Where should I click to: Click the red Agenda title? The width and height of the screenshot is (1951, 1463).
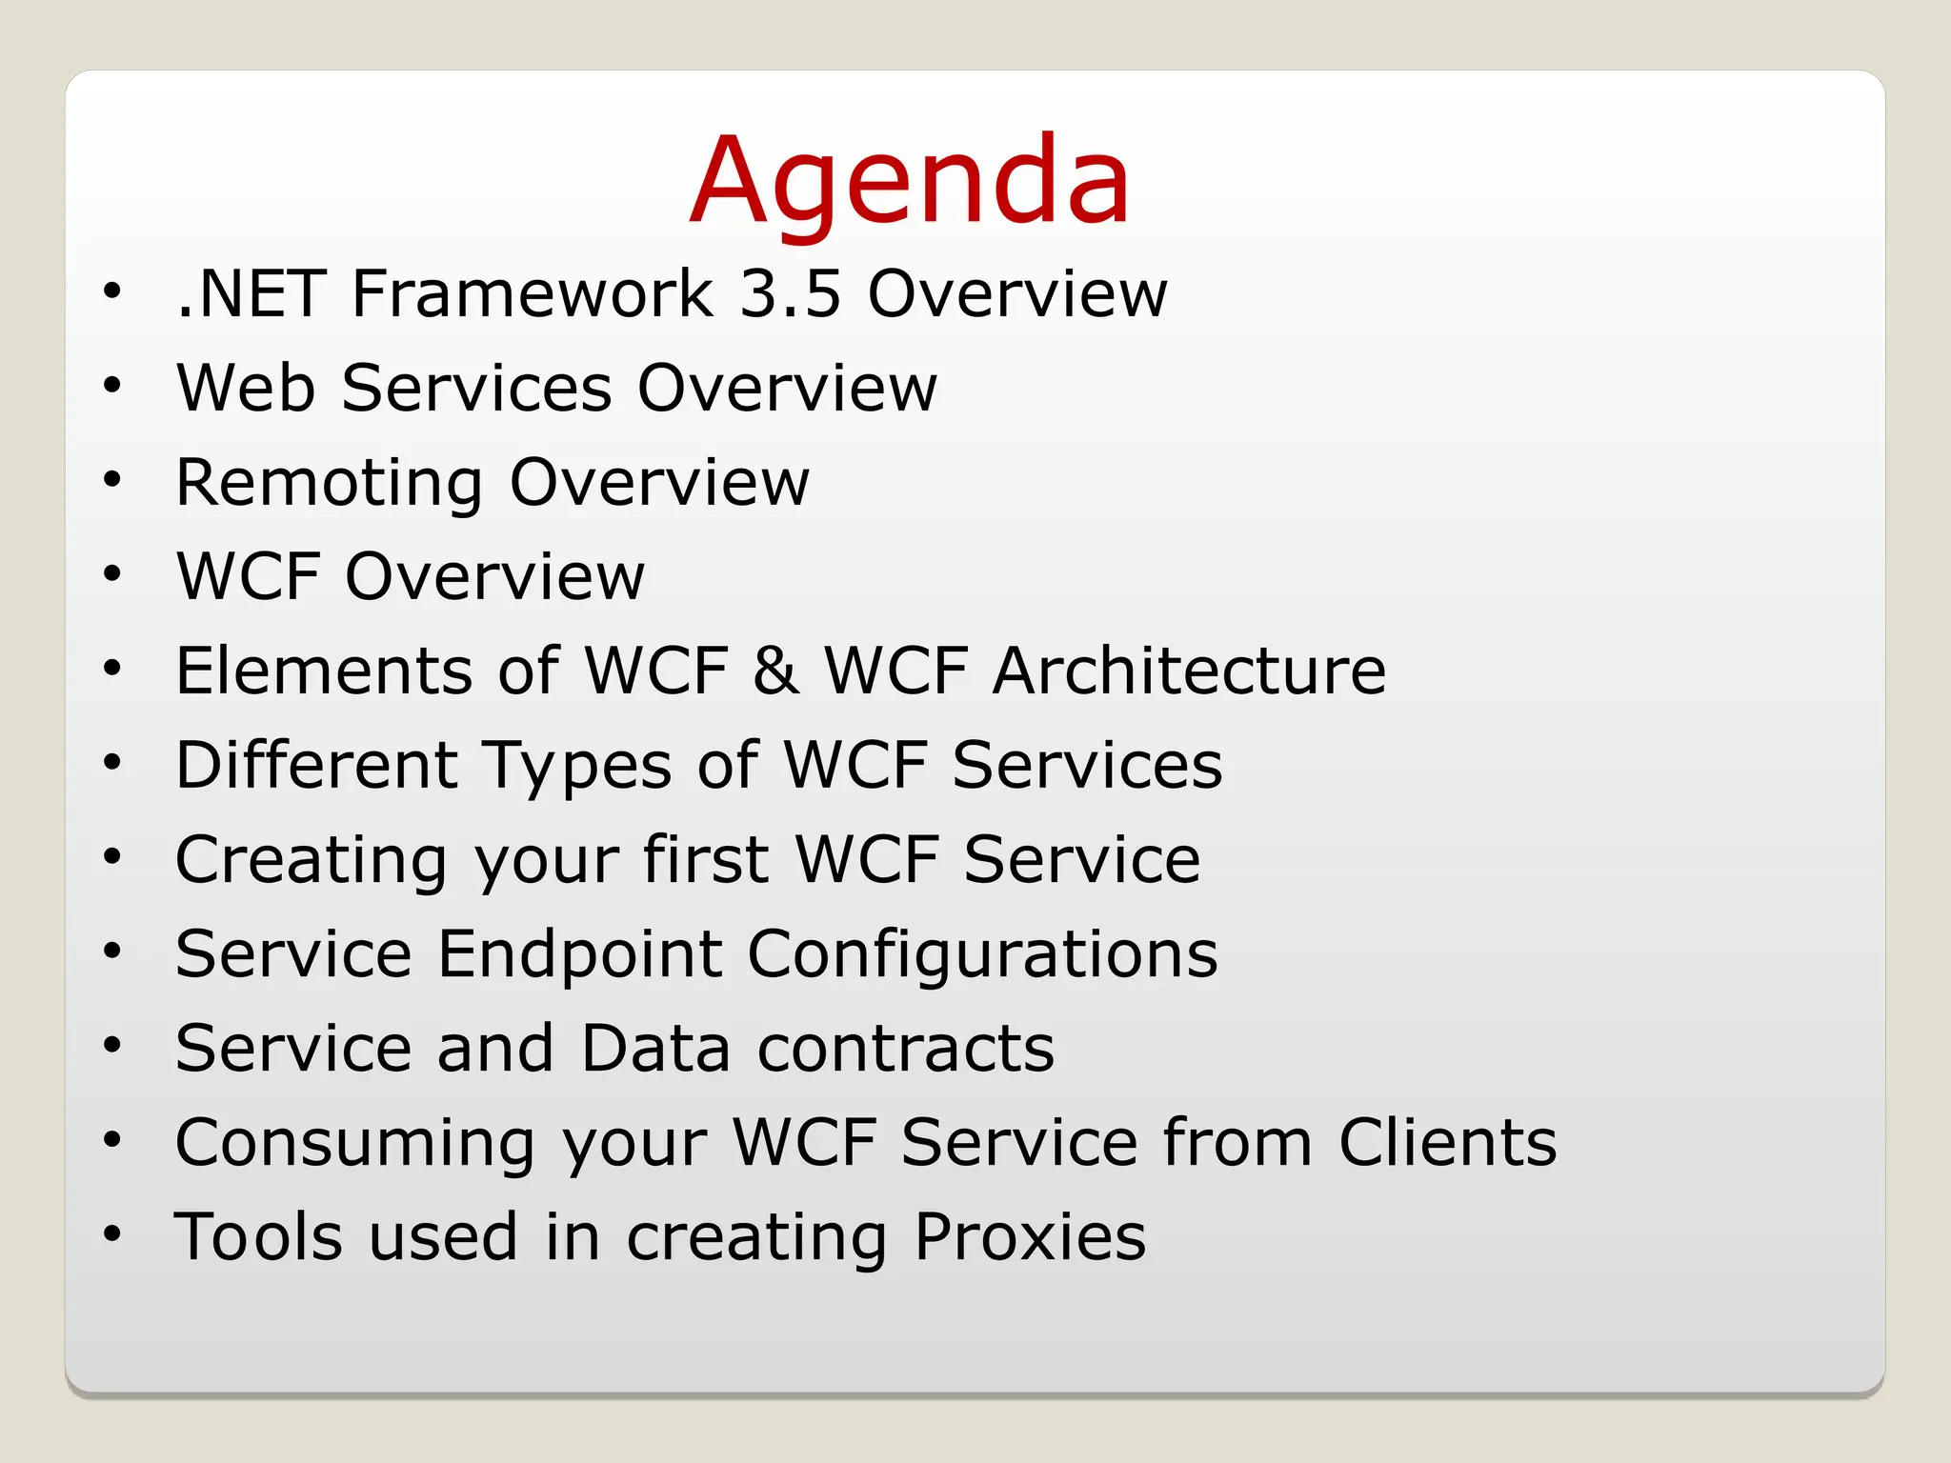pyautogui.click(x=910, y=181)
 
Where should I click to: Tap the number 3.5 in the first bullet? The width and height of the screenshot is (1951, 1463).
pyautogui.click(x=791, y=293)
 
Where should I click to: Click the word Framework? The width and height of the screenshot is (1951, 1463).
pyautogui.click(x=533, y=293)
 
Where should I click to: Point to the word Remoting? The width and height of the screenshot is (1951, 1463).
pyautogui.click(x=330, y=483)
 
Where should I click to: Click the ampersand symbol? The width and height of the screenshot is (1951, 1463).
pyautogui.click(x=775, y=671)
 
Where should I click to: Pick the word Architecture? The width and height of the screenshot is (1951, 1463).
pyautogui.click(x=1189, y=671)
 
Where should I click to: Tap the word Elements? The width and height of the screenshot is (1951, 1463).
pyautogui.click(x=325, y=671)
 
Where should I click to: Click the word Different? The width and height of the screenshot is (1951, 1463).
pyautogui.click(x=317, y=765)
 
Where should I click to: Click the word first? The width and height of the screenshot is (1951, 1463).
pyautogui.click(x=706, y=859)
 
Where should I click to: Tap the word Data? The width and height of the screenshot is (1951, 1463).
pyautogui.click(x=655, y=1048)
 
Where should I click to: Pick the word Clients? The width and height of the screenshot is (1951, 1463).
pyautogui.click(x=1448, y=1142)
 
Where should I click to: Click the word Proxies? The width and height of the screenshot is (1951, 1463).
pyautogui.click(x=1030, y=1236)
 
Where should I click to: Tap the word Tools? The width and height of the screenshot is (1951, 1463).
pyautogui.click(x=258, y=1236)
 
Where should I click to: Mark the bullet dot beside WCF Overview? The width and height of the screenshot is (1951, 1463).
pyautogui.click(x=112, y=574)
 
